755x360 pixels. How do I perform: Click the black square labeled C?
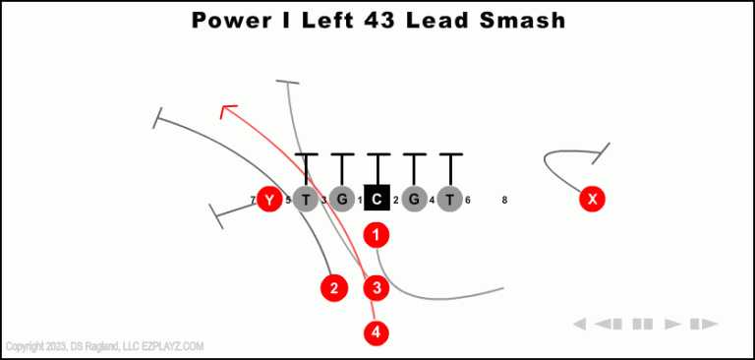click(x=377, y=200)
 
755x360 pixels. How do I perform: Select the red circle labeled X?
click(x=592, y=200)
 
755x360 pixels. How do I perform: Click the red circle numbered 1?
click(x=377, y=235)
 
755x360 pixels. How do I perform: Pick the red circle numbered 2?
click(x=334, y=288)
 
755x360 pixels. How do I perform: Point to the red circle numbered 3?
click(x=377, y=288)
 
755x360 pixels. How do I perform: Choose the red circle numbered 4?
click(x=377, y=332)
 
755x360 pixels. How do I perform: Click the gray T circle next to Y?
click(x=306, y=200)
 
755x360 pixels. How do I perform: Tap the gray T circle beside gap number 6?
click(x=449, y=200)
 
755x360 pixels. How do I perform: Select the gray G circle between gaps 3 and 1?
click(x=341, y=200)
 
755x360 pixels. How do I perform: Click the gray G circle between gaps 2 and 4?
click(x=414, y=200)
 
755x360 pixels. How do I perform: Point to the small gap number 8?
click(x=504, y=201)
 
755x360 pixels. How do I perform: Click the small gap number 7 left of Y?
click(x=253, y=201)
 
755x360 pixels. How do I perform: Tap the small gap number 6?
click(x=468, y=201)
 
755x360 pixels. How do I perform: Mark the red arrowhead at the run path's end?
click(x=227, y=110)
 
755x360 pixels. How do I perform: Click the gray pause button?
click(x=642, y=324)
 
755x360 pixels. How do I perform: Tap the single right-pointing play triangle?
click(x=673, y=324)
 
